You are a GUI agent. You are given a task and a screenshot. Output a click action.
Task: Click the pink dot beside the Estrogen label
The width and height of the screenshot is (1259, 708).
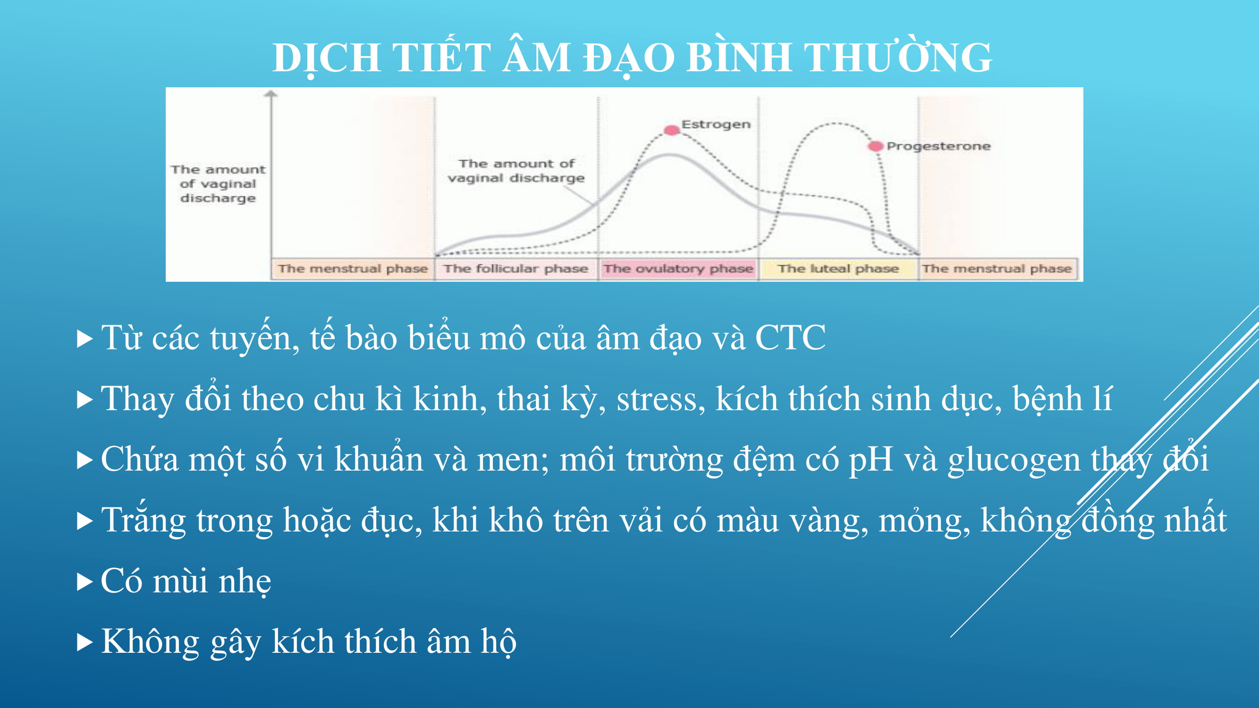[672, 129]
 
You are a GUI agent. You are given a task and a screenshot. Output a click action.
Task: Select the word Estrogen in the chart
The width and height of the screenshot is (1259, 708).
[716, 125]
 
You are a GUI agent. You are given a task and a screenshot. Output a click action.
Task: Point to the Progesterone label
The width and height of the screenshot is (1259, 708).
[938, 146]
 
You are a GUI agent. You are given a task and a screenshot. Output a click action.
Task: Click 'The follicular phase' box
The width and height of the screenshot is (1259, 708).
[516, 269]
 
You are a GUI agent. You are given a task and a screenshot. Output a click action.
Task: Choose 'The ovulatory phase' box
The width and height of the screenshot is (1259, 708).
[678, 269]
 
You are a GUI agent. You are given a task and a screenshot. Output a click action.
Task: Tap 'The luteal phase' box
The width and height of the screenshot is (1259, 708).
[838, 269]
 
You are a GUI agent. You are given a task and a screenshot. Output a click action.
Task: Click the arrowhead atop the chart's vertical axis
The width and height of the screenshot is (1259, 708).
[271, 93]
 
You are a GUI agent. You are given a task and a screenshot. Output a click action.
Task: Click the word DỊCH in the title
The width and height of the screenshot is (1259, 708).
[327, 58]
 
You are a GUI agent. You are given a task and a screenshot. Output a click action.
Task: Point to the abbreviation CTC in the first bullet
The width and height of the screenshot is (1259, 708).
[790, 337]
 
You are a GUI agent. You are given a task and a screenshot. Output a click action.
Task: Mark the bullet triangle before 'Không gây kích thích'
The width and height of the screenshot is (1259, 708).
[84, 643]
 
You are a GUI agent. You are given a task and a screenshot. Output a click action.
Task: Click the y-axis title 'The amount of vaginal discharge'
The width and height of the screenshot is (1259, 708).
[218, 184]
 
